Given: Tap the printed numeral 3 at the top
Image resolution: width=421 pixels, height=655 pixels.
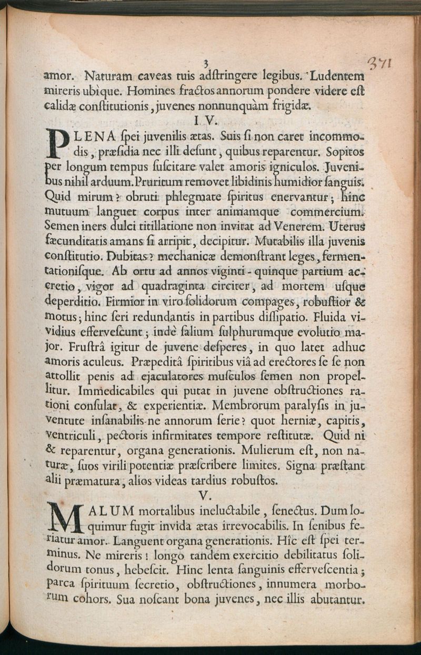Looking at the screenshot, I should pyautogui.click(x=206, y=63).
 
